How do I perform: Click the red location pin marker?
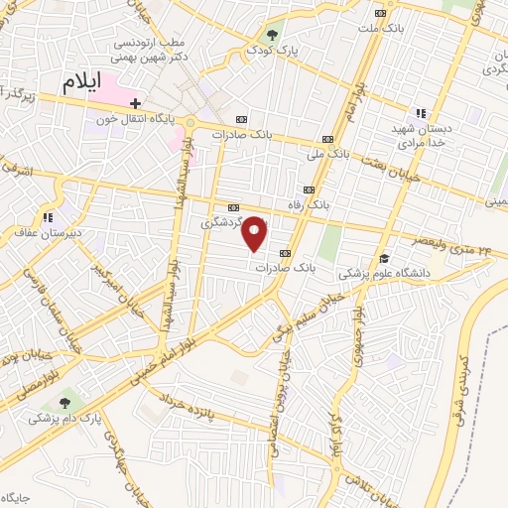click(x=256, y=234)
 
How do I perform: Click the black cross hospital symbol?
click(x=136, y=102)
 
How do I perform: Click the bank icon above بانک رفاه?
click(x=309, y=189)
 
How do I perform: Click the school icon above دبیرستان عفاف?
click(x=46, y=217)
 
